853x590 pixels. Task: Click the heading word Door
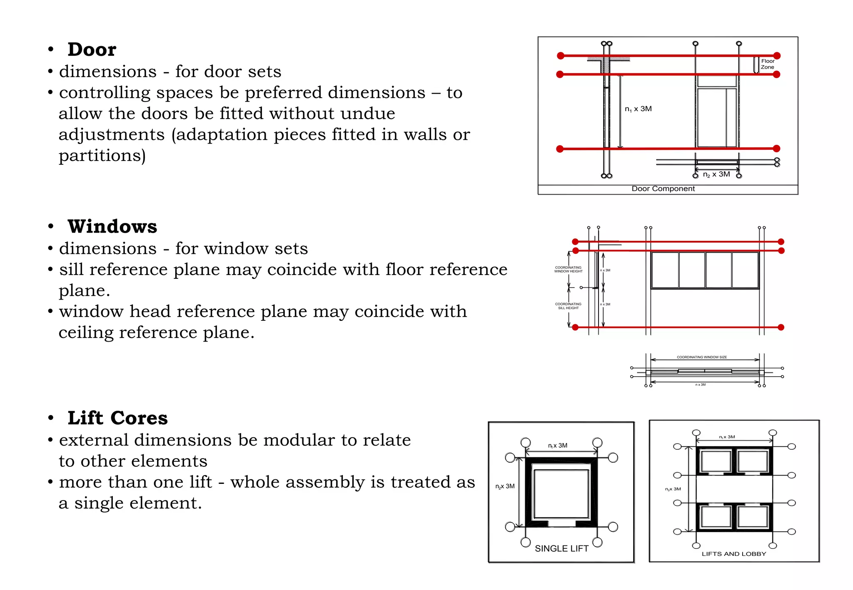tap(92, 50)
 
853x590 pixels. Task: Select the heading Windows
tap(112, 227)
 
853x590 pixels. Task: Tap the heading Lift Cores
tap(117, 418)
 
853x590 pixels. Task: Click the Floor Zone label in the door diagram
tap(767, 64)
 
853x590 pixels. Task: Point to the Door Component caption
tap(663, 189)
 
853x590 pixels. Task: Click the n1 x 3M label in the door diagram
tap(638, 109)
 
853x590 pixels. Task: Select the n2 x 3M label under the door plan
tap(716, 174)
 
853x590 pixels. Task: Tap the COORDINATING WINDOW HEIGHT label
tap(568, 270)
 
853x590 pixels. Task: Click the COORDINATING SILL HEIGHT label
tap(568, 306)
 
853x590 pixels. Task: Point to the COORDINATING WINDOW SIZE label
tap(702, 357)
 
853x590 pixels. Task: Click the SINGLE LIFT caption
tap(561, 549)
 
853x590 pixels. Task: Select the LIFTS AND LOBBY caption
tap(734, 554)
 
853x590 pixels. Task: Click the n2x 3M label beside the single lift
tap(505, 486)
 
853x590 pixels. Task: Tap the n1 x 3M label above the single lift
tap(558, 446)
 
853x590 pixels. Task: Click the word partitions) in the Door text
tap(102, 156)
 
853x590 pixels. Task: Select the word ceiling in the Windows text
tap(86, 333)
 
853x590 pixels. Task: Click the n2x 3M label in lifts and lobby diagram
tap(673, 489)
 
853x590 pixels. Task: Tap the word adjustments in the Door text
tap(112, 135)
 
